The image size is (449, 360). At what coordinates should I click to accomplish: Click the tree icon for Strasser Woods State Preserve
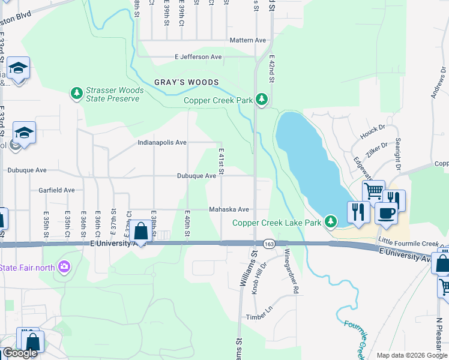pos(76,94)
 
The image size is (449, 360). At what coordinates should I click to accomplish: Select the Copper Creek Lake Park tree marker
pos(330,222)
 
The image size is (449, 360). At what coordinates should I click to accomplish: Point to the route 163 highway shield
pos(268,244)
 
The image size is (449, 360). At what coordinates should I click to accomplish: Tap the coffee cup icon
pos(387,212)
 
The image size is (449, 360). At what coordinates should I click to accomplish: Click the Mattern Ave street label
pos(247,40)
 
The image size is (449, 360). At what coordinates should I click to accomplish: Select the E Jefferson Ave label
pos(198,57)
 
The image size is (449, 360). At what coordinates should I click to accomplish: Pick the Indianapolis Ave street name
pos(162,143)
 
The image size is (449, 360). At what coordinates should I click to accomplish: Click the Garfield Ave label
pos(56,190)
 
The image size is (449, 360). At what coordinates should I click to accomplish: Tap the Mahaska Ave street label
pos(229,209)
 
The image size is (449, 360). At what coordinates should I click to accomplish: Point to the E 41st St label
pos(221,162)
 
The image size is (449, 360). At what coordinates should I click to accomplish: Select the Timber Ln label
pos(259,316)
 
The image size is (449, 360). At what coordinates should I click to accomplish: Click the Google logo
pos(20,353)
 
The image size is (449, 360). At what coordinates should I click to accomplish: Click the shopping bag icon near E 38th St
pos(140,231)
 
